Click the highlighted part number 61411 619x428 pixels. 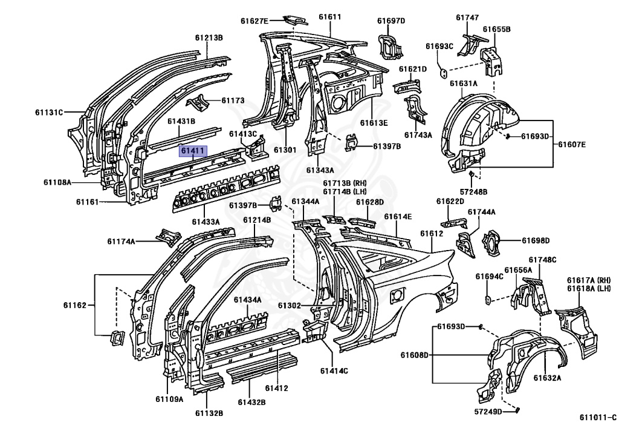tap(193, 151)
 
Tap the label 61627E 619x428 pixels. tap(254, 21)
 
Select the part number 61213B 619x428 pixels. tap(209, 38)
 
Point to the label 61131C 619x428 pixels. tap(49, 113)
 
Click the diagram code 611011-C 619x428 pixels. tap(598, 417)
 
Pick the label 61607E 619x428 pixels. tap(572, 144)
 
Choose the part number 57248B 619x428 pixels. tap(473, 192)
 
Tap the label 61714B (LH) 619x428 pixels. tap(345, 192)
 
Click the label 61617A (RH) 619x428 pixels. tap(589, 280)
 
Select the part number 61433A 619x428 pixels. tap(206, 222)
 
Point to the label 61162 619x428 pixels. tap(74, 305)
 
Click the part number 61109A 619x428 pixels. tap(169, 399)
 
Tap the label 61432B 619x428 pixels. tap(251, 403)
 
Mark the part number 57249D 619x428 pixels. tap(488, 412)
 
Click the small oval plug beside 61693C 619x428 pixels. tap(443, 73)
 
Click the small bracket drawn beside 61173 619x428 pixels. tap(198, 103)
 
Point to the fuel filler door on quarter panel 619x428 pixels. tap(397, 296)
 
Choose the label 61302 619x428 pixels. tap(290, 306)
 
